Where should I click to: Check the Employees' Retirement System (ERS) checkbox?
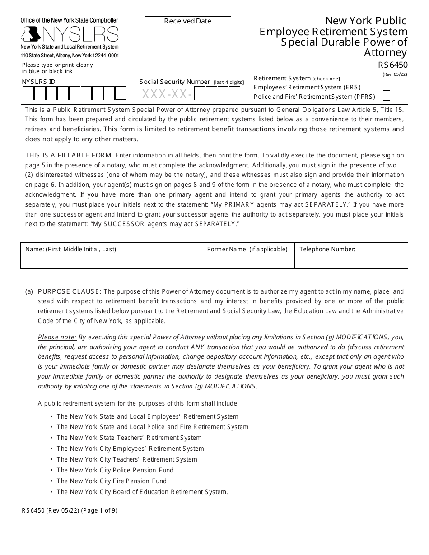[386, 87]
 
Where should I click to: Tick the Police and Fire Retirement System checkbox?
[386, 97]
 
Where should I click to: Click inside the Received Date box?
[188, 47]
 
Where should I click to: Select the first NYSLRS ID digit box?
[28, 93]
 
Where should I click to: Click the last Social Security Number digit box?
[234, 93]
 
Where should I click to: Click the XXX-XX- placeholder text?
[167, 94]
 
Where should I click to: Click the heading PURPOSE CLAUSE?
[70, 291]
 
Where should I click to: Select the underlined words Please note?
[57, 337]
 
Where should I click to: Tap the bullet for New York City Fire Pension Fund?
[111, 481]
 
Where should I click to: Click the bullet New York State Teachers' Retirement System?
[129, 438]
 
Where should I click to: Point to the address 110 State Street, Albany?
[70, 55]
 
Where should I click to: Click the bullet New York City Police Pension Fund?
[115, 470]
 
